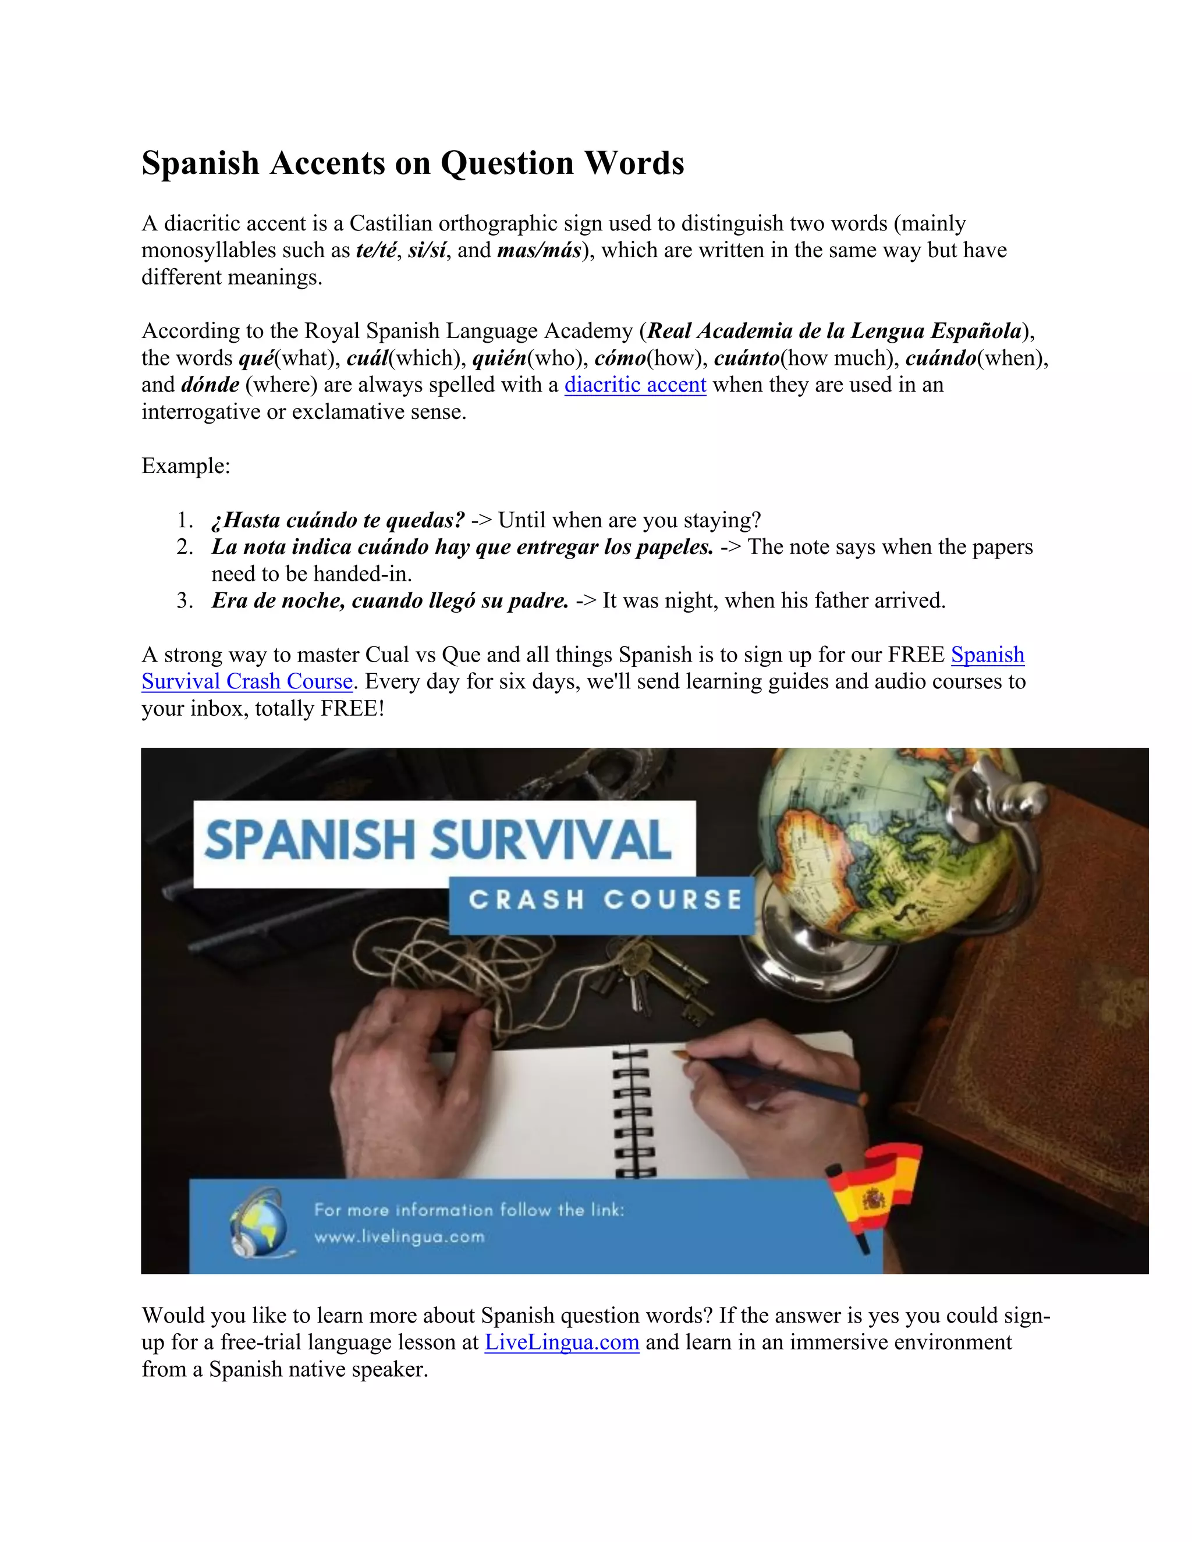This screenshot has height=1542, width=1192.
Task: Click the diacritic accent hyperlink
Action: [x=635, y=385]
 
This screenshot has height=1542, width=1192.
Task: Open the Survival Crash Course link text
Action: [x=247, y=681]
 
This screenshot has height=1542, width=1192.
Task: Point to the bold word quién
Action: [x=499, y=358]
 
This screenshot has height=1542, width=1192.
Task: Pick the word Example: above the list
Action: [x=186, y=466]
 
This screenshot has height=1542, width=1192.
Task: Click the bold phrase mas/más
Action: [x=539, y=250]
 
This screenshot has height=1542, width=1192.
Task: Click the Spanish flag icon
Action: [x=875, y=1193]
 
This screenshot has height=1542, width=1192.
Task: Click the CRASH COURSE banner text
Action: [x=605, y=900]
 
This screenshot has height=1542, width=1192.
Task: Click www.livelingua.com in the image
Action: [x=400, y=1237]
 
